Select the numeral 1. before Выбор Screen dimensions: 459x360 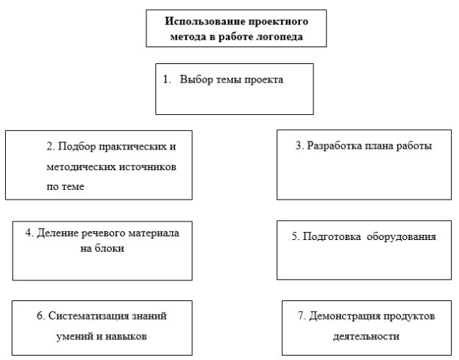167,80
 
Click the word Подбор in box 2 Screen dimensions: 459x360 77,147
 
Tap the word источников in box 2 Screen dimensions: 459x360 148,167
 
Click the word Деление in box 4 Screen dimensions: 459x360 57,233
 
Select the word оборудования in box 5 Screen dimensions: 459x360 402,236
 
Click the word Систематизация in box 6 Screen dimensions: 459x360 89,316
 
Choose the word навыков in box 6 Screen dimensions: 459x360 126,336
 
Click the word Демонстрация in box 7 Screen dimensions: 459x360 344,316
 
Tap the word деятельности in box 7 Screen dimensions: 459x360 366,336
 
